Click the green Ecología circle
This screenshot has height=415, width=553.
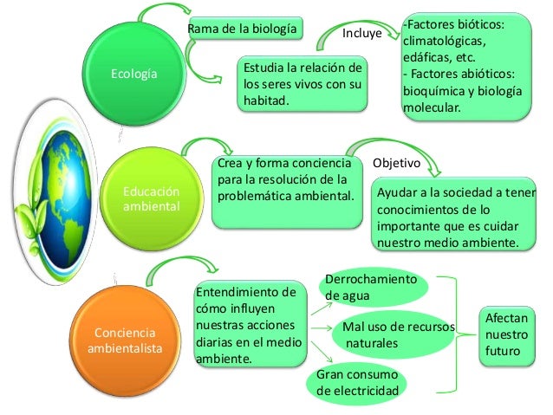pos(133,75)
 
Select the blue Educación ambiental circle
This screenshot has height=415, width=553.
pos(151,199)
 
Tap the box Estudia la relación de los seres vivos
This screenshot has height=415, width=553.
pos(302,85)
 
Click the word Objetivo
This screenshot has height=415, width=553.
pos(395,162)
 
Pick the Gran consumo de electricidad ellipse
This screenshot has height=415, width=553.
pos(358,383)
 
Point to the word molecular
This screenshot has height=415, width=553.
pos(431,108)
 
